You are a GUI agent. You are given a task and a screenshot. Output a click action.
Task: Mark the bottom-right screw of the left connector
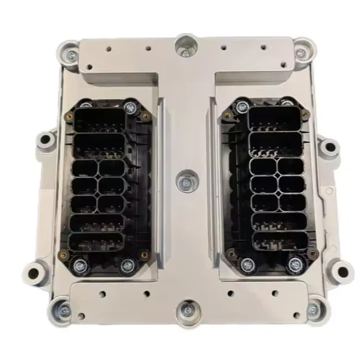(127, 266)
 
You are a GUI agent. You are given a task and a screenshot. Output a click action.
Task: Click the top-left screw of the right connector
(242, 107)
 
